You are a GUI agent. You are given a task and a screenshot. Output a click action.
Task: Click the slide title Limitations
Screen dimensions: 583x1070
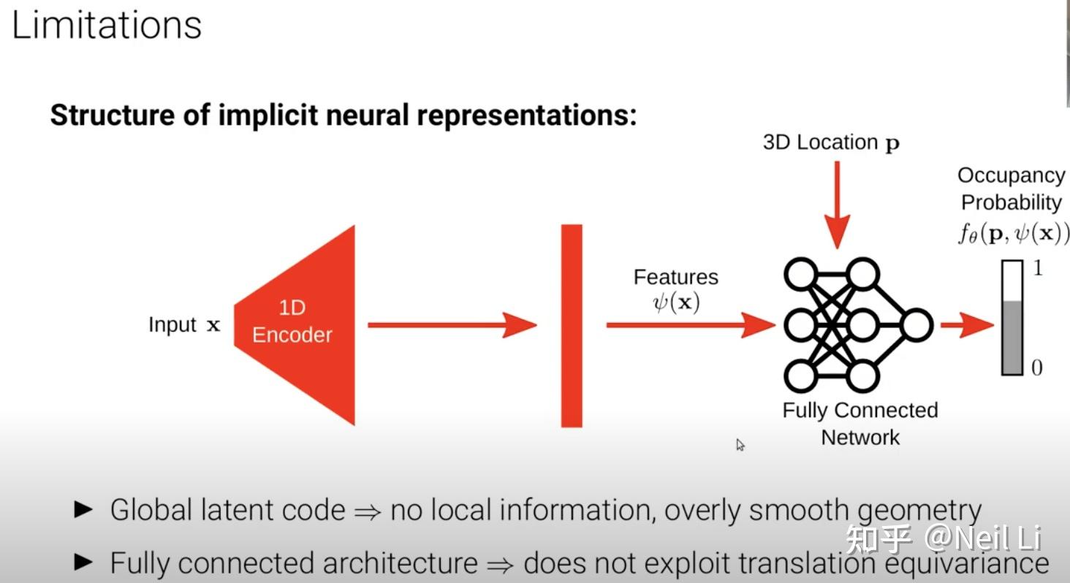[x=107, y=26]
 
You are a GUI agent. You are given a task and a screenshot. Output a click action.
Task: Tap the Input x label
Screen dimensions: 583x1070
[x=183, y=325]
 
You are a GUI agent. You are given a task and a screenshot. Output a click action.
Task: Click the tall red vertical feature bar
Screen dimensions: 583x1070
[x=572, y=325]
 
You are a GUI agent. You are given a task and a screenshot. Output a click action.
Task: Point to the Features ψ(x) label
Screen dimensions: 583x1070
[x=675, y=290]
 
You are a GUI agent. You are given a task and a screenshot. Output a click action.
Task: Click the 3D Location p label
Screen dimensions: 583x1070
[x=831, y=142]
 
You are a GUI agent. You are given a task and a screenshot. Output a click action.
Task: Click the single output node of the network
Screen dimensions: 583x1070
[x=916, y=325]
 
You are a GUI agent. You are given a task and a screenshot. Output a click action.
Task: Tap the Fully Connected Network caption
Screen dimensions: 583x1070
[x=860, y=424]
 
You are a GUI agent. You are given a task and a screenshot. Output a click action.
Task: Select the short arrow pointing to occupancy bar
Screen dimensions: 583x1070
[x=966, y=325]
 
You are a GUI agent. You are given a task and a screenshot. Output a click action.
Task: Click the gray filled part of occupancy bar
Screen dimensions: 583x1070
[x=1012, y=338]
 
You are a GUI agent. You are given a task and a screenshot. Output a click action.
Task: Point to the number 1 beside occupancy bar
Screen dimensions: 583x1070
[x=1037, y=269]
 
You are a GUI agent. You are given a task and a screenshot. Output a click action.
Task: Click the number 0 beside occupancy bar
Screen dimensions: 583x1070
[x=1037, y=367]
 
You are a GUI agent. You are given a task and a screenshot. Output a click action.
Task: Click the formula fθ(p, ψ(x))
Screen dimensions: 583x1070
[x=1012, y=234]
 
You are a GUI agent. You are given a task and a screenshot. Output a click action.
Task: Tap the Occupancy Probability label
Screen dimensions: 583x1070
[x=1011, y=188]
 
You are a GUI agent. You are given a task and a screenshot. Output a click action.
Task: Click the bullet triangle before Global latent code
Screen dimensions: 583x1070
[x=84, y=509]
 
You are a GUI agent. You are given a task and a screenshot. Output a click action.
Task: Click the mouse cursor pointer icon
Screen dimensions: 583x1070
[x=740, y=444]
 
